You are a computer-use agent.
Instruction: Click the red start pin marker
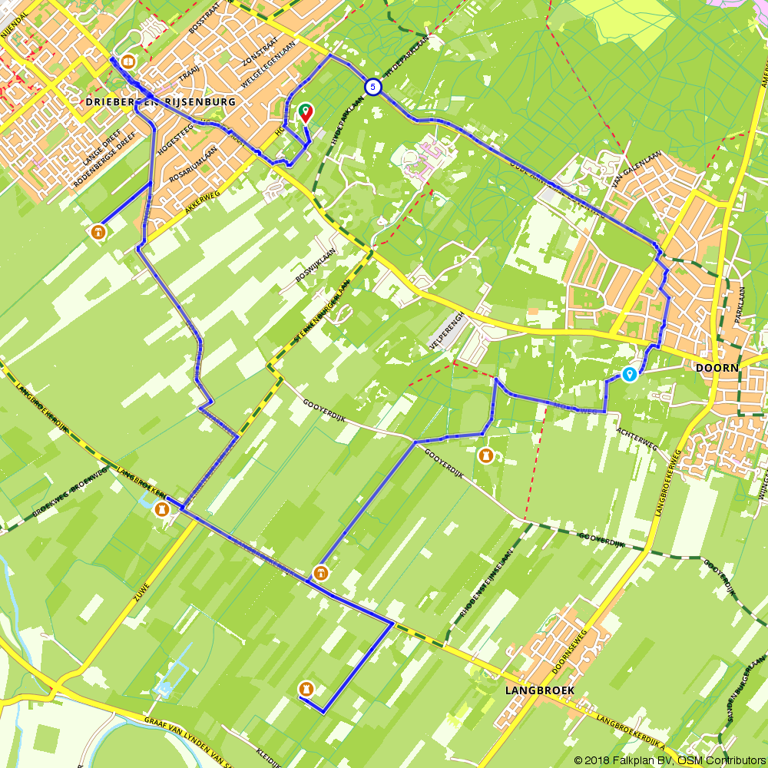tap(306, 113)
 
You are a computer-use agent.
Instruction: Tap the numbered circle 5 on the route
tap(372, 87)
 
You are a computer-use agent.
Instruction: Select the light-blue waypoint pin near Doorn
tap(629, 374)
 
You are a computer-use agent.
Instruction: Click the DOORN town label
tap(717, 368)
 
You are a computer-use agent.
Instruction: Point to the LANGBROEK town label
tap(540, 690)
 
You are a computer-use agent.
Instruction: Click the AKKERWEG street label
tap(203, 201)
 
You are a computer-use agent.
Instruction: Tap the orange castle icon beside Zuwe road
tap(161, 509)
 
